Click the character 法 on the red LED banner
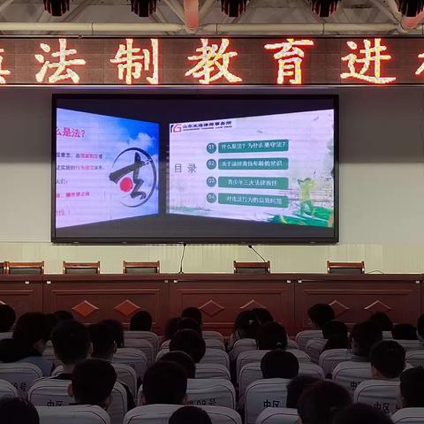tap(60, 62)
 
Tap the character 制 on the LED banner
tap(134, 62)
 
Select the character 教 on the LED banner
tap(213, 62)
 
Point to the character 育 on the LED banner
tap(289, 62)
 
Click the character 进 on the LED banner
tap(367, 62)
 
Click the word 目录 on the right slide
tap(185, 167)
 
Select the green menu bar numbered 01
tap(253, 147)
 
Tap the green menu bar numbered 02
tap(253, 163)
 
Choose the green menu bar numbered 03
tap(253, 182)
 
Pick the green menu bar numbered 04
tap(253, 199)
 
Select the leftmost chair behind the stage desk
tap(24, 267)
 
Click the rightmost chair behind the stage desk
tap(345, 267)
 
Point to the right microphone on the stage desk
tap(259, 256)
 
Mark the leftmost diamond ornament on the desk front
tap(85, 308)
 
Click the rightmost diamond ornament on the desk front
tap(378, 307)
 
